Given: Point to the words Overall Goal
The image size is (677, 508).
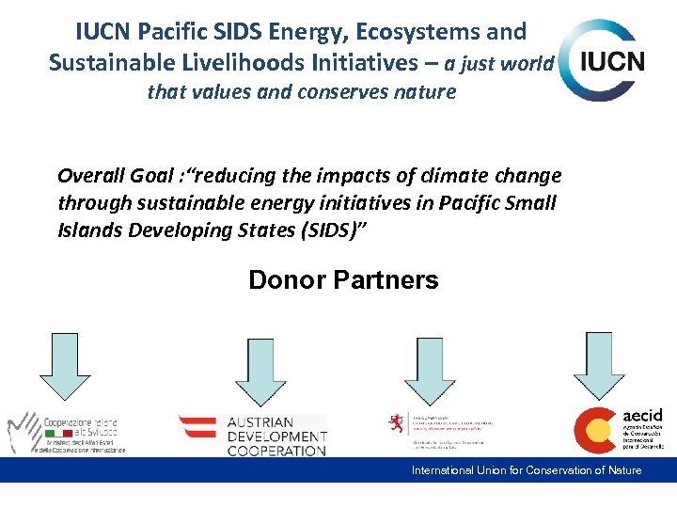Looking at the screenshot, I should point(113,176).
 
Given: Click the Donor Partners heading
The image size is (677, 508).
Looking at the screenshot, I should point(343,279).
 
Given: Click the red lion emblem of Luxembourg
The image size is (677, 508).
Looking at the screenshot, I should point(398,422).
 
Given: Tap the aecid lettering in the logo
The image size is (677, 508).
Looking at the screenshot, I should point(642,414).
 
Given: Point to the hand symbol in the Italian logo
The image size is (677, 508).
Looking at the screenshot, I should point(24,433).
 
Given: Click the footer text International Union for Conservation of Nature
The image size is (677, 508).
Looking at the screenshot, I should point(527,470).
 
